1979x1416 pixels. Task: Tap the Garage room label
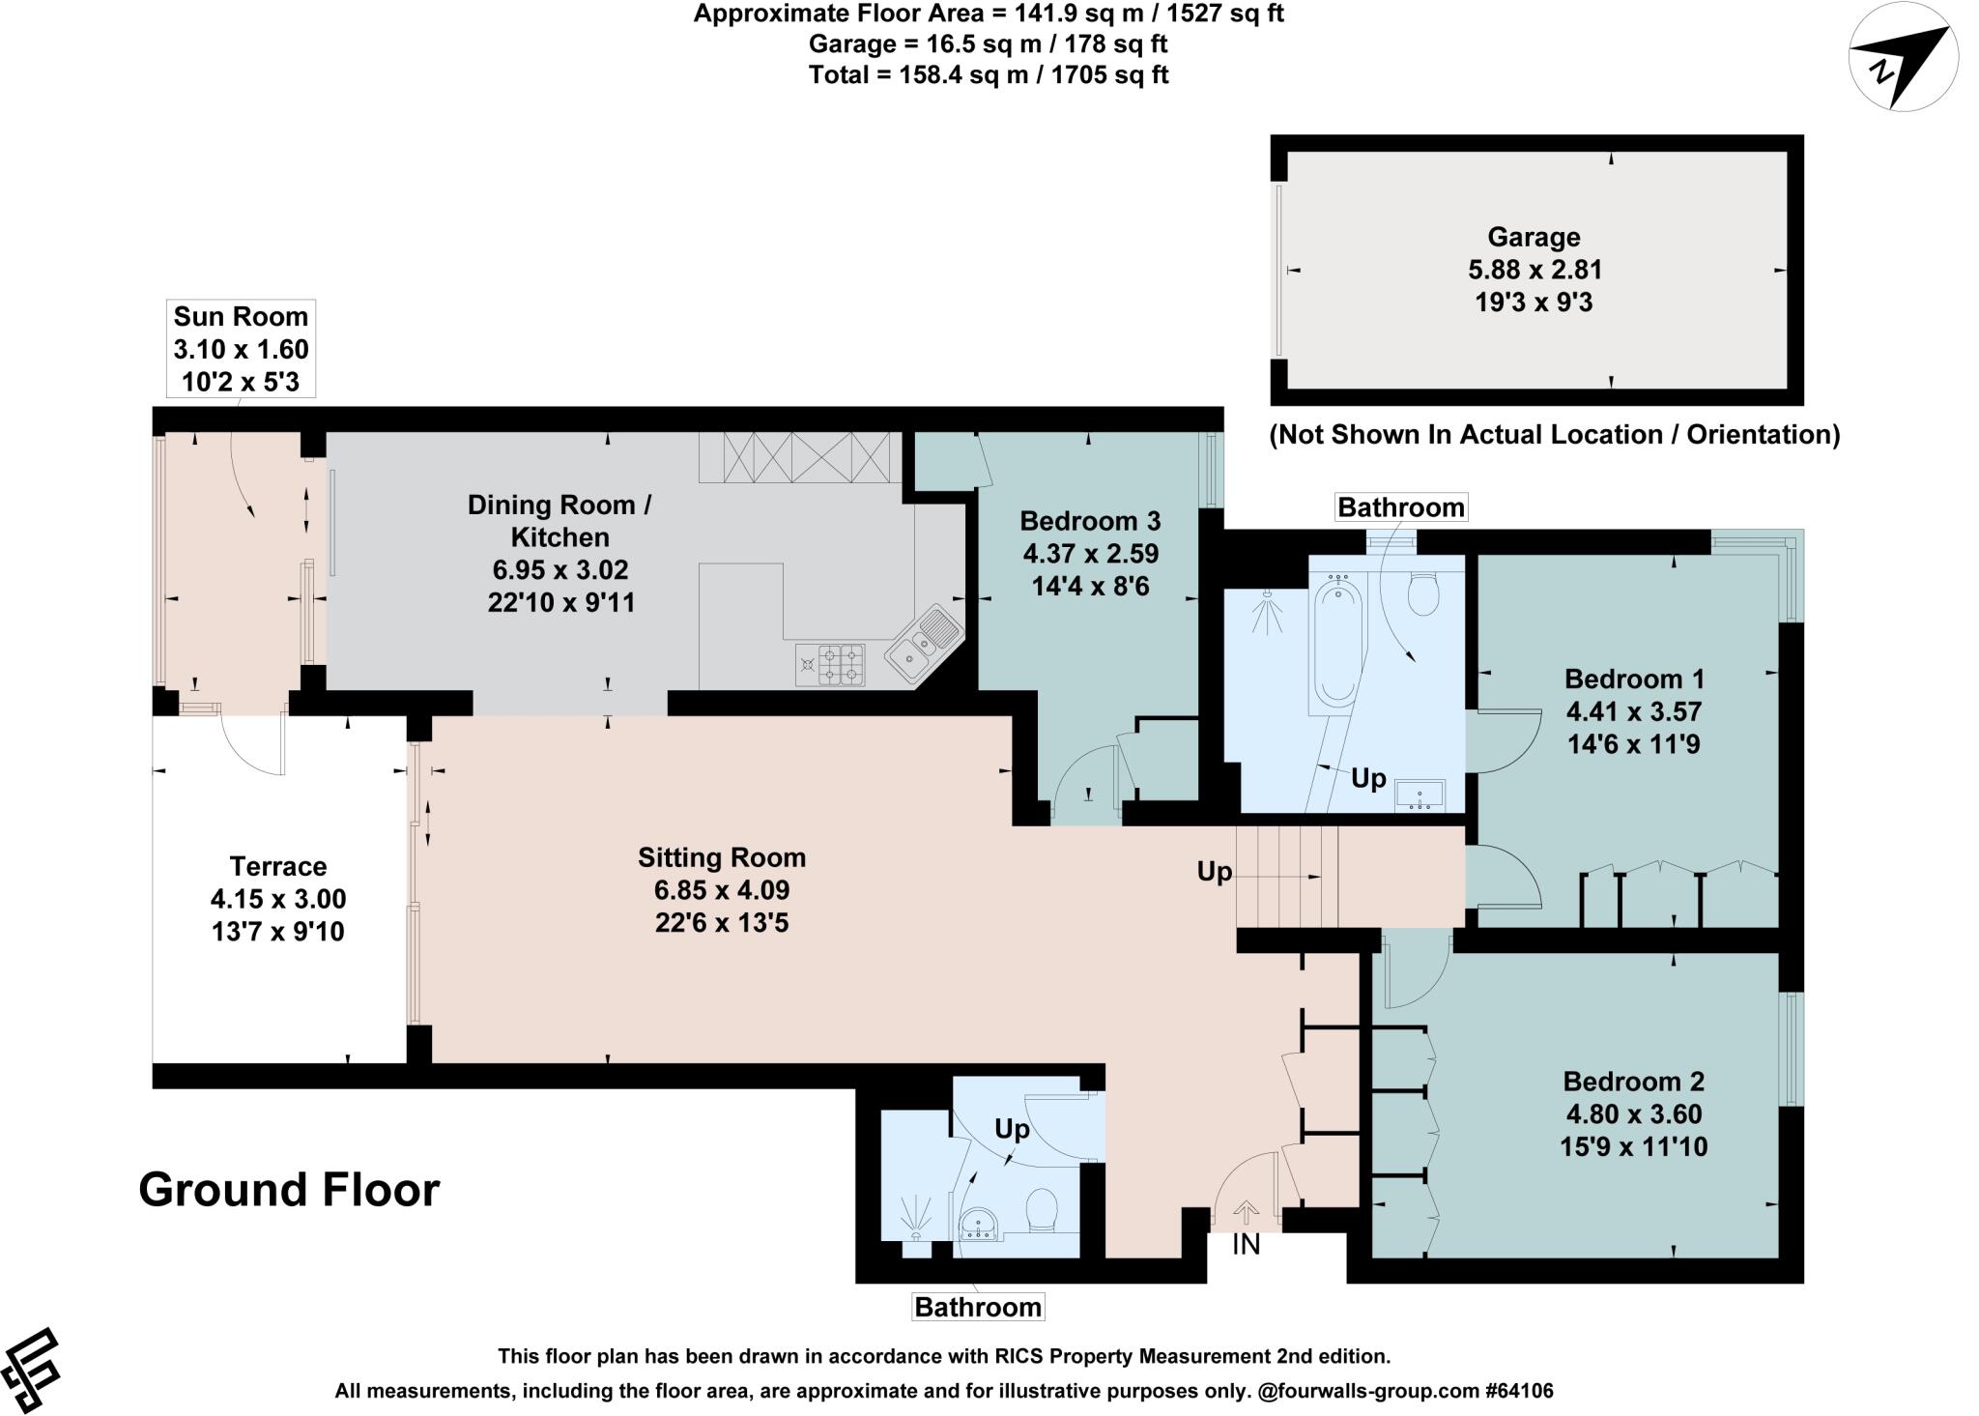[1534, 237]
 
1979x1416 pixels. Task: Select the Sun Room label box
[241, 349]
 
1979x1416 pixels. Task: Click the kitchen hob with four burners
[830, 665]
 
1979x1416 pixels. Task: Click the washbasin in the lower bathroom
[981, 1225]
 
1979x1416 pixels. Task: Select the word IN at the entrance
[1246, 1245]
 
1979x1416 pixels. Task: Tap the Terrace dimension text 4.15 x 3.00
[278, 899]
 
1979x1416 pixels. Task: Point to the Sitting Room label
[722, 857]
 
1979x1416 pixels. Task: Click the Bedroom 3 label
[1090, 521]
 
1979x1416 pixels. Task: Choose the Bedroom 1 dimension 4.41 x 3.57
[1633, 711]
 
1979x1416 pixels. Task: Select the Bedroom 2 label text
[1633, 1081]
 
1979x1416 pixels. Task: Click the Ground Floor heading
[290, 1190]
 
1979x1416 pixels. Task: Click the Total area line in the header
[989, 74]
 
